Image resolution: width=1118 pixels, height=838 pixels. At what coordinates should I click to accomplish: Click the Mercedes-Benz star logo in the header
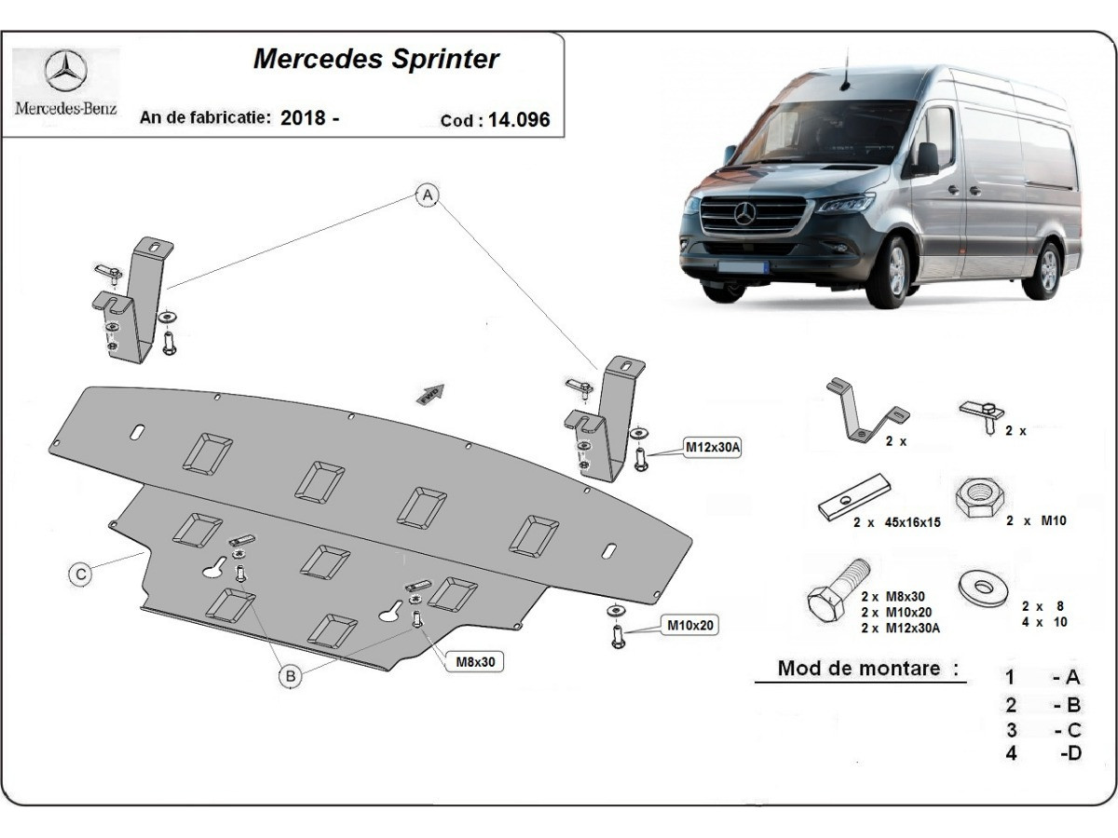[65, 72]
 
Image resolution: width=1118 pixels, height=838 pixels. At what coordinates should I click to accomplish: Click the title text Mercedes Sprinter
[376, 60]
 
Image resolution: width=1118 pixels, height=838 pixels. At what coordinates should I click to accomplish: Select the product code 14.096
[522, 120]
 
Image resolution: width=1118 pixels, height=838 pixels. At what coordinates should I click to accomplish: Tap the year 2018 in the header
[303, 118]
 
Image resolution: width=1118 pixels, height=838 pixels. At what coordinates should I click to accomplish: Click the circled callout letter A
[427, 196]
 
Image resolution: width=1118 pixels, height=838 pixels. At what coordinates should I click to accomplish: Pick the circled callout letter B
[291, 677]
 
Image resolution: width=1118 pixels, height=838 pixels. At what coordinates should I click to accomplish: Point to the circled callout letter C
[82, 574]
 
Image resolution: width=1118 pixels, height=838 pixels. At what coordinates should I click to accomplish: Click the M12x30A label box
[713, 448]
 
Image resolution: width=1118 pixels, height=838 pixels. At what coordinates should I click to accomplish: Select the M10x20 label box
[690, 625]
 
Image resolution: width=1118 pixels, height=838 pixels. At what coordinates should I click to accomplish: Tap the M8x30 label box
[475, 662]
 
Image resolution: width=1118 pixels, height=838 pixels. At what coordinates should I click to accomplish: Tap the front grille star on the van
[745, 215]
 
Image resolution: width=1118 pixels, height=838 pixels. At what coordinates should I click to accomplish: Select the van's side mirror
[926, 158]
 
